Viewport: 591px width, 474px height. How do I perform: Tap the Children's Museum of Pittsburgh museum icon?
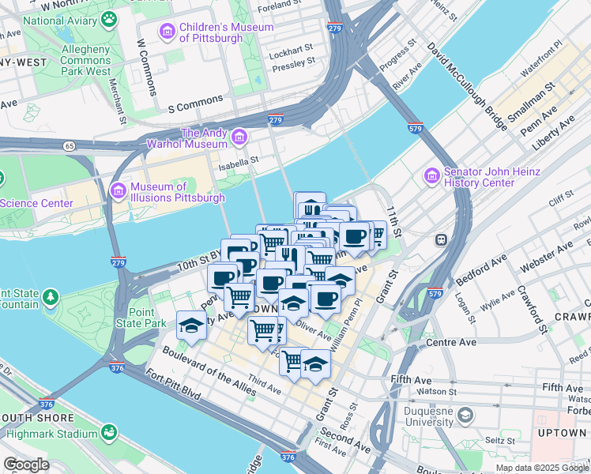pyautogui.click(x=168, y=32)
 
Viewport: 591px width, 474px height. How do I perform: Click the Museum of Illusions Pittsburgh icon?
pyautogui.click(x=119, y=190)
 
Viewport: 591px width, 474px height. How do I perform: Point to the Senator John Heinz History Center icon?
pyautogui.click(x=431, y=175)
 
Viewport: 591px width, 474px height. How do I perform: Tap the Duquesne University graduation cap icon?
pyautogui.click(x=467, y=414)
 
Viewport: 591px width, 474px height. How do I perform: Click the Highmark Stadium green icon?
pyautogui.click(x=107, y=432)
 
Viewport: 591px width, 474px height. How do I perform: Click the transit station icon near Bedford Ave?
pyautogui.click(x=443, y=239)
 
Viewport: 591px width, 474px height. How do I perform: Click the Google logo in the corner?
pyautogui.click(x=26, y=465)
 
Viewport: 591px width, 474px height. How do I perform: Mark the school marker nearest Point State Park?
pyautogui.click(x=191, y=324)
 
